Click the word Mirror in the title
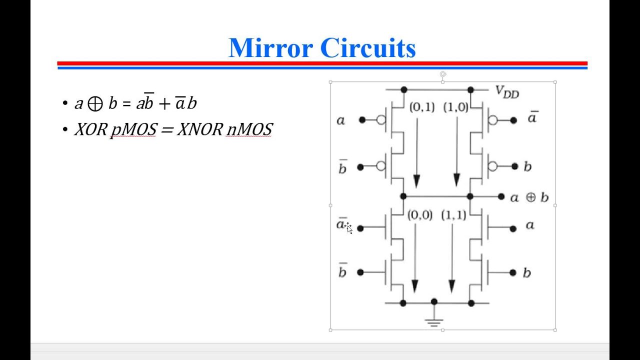click(270, 48)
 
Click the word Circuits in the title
click(367, 48)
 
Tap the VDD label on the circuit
click(506, 92)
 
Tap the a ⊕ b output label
click(529, 197)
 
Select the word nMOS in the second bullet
click(249, 129)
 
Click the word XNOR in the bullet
click(199, 129)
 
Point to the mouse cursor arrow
click(348, 228)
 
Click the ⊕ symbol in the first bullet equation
click(95, 104)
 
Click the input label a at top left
click(340, 120)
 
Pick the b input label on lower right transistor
click(526, 273)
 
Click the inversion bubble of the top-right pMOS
click(493, 120)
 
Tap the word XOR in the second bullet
click(90, 129)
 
